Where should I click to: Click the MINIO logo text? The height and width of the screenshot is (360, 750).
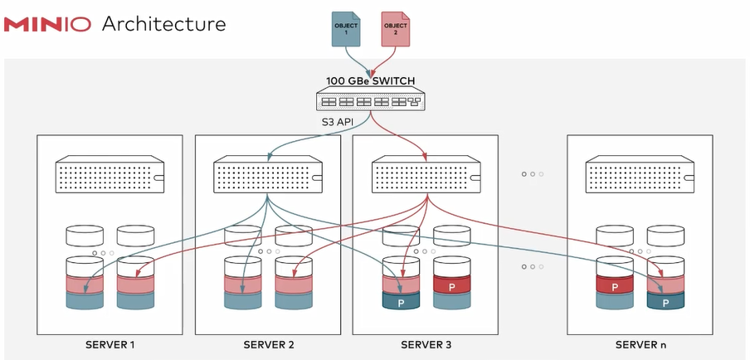(48, 24)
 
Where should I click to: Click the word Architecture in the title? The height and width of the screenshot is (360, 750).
(163, 24)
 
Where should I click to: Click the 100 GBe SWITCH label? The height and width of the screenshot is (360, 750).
(365, 81)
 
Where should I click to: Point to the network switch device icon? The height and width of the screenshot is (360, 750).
(365, 101)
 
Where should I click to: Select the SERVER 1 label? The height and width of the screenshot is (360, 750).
(110, 344)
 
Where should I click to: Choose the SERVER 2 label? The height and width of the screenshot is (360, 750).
(268, 344)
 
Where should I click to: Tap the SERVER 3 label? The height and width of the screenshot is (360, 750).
(426, 344)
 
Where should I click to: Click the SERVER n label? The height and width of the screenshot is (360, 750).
(640, 344)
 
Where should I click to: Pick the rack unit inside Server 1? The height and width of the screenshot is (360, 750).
(110, 174)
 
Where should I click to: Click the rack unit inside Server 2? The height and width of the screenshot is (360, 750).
(268, 174)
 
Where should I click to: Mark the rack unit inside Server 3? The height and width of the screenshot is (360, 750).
(426, 174)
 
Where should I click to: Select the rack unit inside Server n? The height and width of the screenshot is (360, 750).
(640, 174)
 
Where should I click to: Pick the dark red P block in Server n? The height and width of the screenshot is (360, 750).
(615, 286)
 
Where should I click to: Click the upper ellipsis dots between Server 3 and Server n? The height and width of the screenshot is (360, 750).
(533, 174)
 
